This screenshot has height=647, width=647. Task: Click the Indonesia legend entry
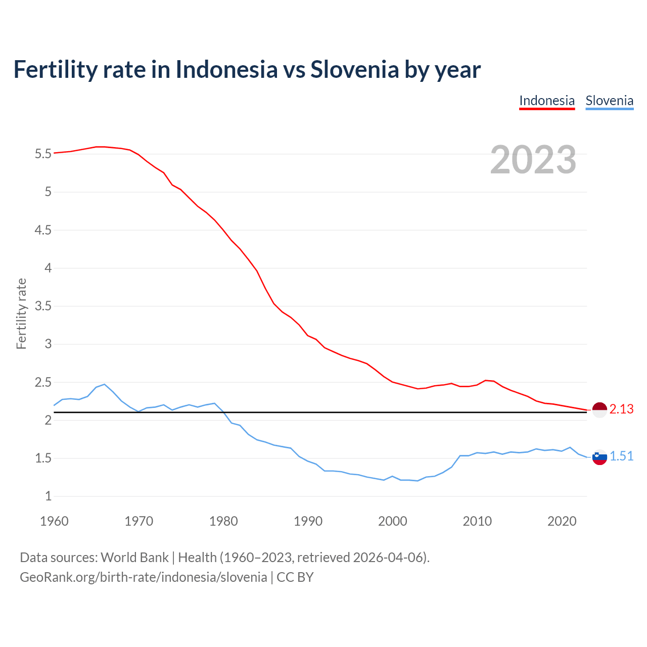tap(547, 101)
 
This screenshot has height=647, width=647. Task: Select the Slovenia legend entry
tap(609, 101)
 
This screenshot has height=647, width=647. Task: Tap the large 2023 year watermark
tap(533, 160)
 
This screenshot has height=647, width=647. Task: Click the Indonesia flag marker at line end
tap(599, 410)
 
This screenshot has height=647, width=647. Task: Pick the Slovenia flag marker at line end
tap(599, 457)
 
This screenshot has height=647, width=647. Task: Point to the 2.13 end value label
tap(621, 409)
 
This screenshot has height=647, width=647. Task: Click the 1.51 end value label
tap(621, 456)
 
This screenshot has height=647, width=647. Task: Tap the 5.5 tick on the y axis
tap(43, 154)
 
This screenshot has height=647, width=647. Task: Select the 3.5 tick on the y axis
tap(43, 306)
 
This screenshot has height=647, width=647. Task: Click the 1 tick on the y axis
tap(48, 496)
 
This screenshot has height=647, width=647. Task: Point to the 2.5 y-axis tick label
tap(43, 382)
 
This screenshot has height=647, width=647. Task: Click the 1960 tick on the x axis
tap(54, 521)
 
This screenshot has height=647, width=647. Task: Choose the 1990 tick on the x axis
tap(308, 521)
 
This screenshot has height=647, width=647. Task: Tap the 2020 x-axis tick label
tap(562, 521)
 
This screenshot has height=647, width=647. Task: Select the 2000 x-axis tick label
tap(392, 521)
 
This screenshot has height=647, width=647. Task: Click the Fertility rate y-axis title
tap(21, 313)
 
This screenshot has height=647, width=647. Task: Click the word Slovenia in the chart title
tap(354, 69)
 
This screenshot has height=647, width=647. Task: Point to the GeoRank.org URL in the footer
tap(143, 577)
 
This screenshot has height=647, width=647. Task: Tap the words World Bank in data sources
tap(134, 558)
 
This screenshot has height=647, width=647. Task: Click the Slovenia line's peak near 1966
tap(104, 384)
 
